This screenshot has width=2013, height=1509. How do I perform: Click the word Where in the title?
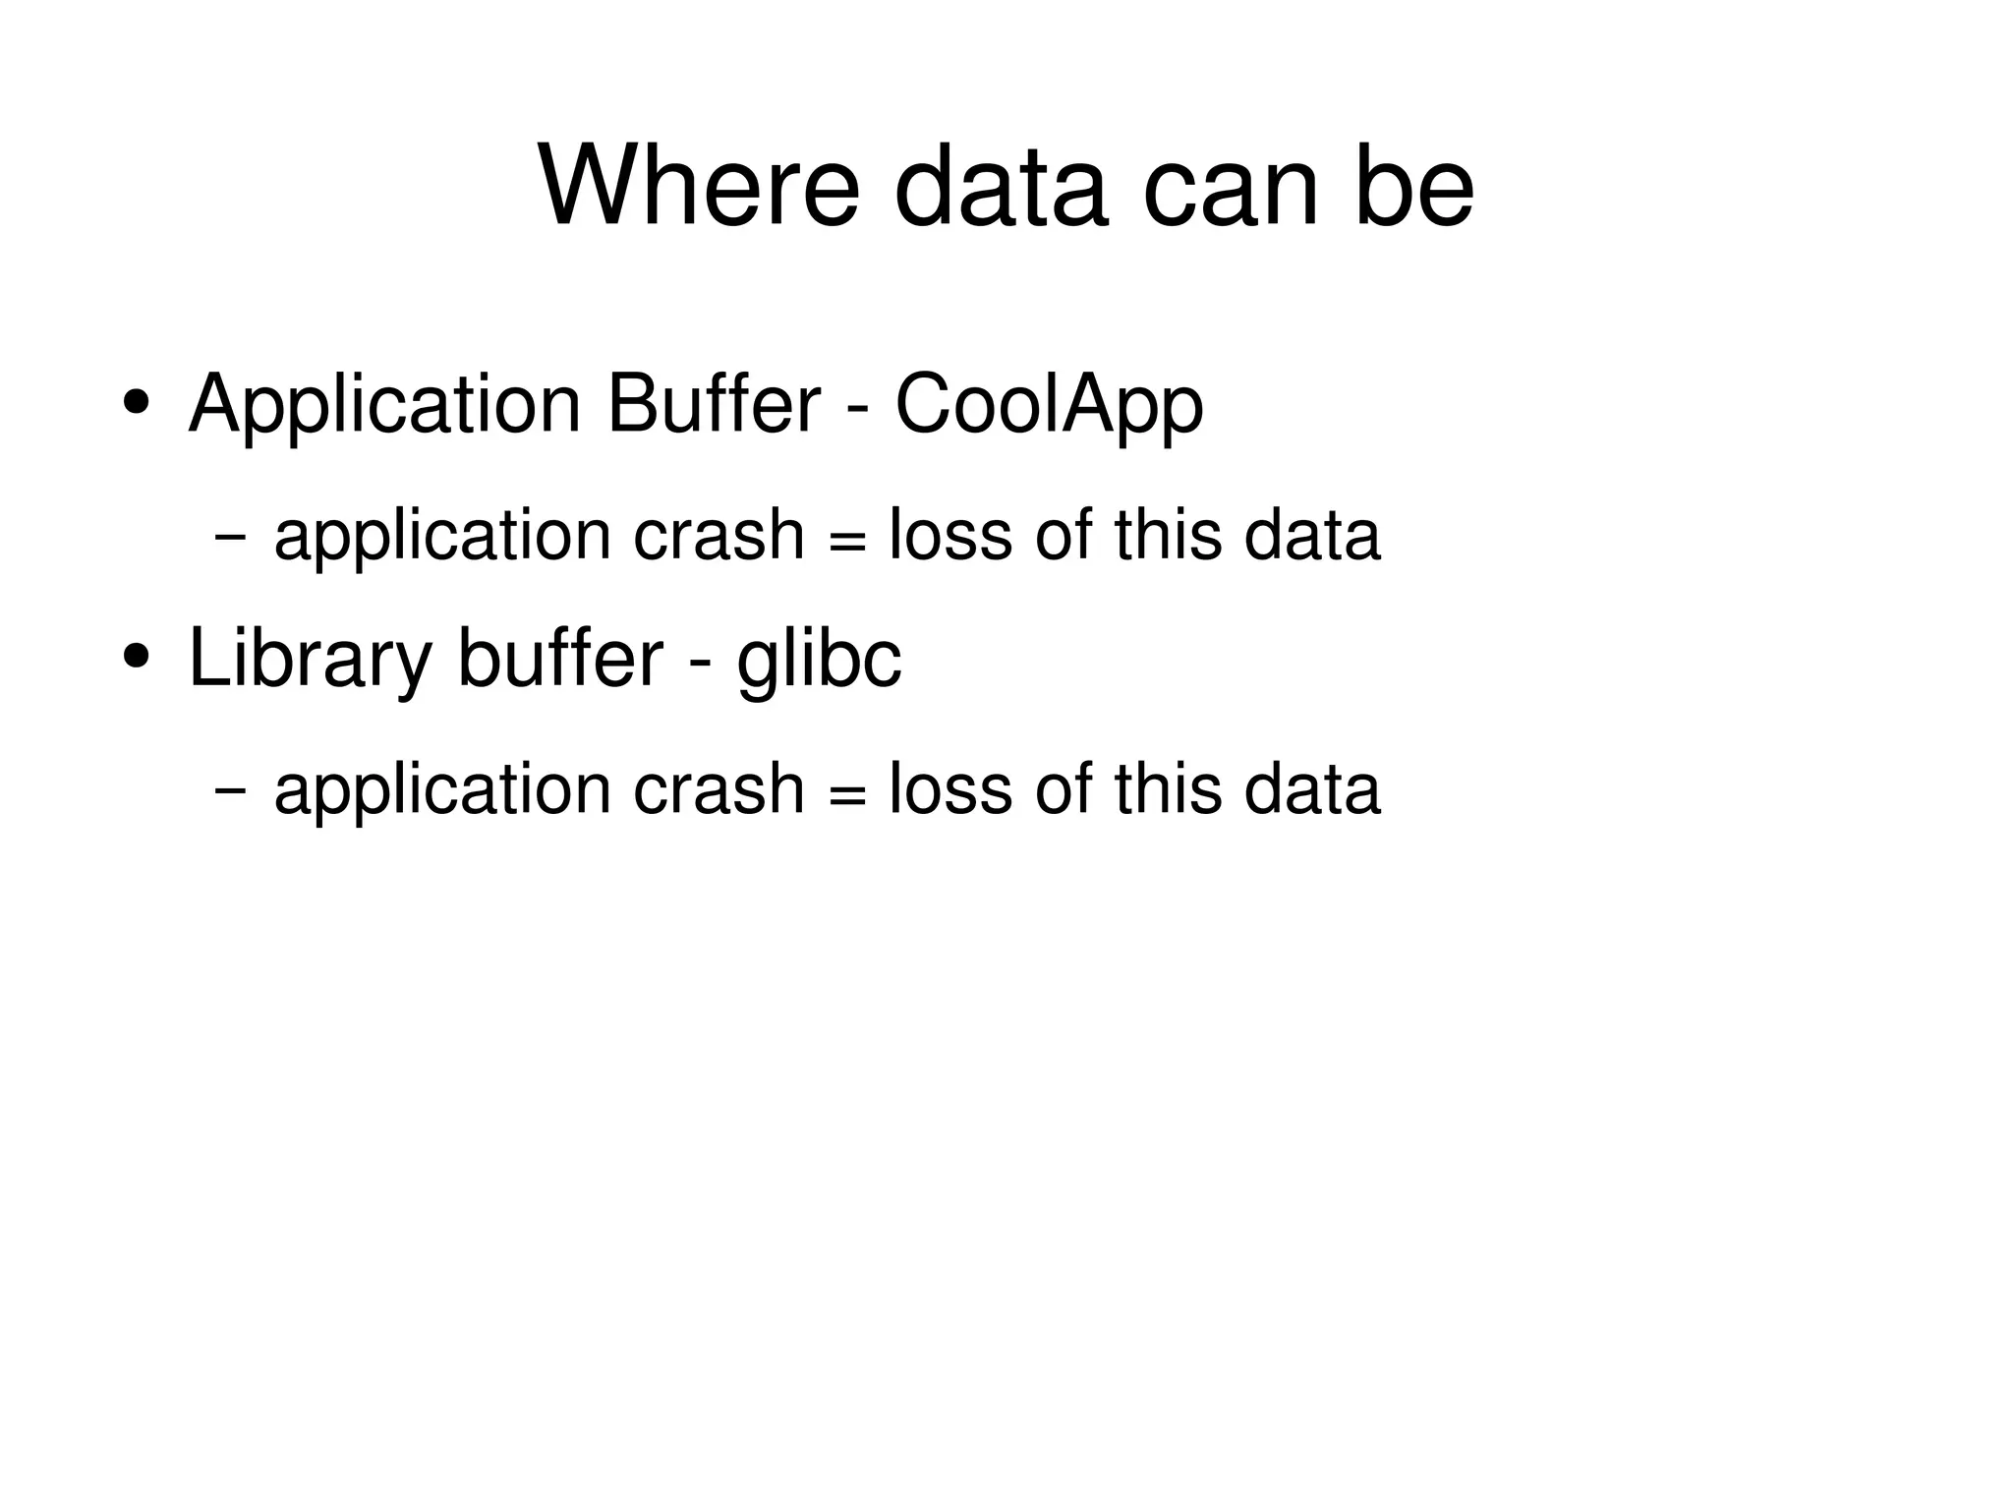click(x=699, y=186)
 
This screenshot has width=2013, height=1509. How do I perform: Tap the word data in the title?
click(x=1002, y=186)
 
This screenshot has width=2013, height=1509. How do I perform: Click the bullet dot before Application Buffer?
click(x=137, y=403)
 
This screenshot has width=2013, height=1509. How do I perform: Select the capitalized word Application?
click(x=384, y=405)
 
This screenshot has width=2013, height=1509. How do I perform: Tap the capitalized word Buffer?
click(x=714, y=403)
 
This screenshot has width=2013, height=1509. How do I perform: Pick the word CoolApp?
click(x=1049, y=405)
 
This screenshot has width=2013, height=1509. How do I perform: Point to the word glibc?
click(x=819, y=659)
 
